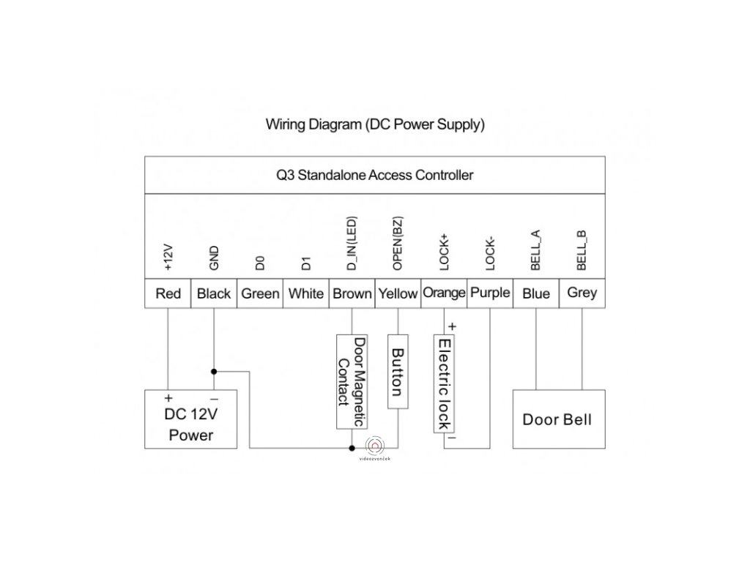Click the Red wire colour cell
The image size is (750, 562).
point(168,293)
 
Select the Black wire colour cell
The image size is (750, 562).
point(214,293)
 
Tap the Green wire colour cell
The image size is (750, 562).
point(260,293)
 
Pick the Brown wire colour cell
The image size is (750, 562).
point(352,293)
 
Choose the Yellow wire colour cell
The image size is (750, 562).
point(398,293)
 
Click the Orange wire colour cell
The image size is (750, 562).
point(444,293)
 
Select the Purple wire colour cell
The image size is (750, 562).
point(490,293)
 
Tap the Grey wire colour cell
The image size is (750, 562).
point(582,293)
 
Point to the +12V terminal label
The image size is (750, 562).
point(168,257)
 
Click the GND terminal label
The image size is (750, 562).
point(214,258)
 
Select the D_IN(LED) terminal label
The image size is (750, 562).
point(352,244)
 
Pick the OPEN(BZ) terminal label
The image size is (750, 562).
point(398,244)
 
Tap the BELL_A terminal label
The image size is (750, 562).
point(535,250)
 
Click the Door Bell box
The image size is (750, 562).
point(559,419)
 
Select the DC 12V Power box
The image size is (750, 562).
point(191,419)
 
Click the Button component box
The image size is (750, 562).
point(398,372)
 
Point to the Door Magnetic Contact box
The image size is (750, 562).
point(352,382)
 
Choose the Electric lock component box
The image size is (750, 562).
point(444,383)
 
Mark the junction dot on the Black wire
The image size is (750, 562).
point(214,371)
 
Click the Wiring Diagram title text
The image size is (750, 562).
point(375,124)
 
